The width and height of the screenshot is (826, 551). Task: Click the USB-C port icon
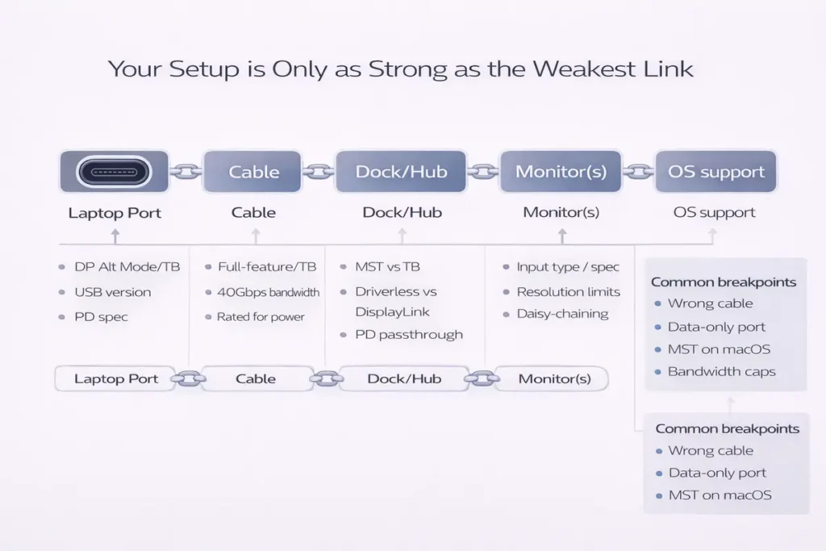click(x=115, y=172)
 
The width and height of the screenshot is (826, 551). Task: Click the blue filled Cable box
click(x=253, y=172)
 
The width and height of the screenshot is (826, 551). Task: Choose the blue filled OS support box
click(x=715, y=172)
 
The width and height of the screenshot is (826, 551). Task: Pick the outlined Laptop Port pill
click(x=115, y=378)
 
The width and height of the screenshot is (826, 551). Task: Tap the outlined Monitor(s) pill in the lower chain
click(x=554, y=378)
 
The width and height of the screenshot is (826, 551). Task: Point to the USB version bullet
click(x=112, y=292)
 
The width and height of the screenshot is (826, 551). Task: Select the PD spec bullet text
click(x=101, y=317)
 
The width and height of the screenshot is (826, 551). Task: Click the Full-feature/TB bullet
click(x=267, y=267)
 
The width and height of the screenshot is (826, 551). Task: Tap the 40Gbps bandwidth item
click(x=268, y=292)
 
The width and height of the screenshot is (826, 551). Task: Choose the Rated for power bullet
click(x=261, y=317)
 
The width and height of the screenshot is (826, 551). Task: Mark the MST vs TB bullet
click(x=388, y=267)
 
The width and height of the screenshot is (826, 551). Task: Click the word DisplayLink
click(x=393, y=311)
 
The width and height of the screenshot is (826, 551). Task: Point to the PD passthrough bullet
click(x=409, y=335)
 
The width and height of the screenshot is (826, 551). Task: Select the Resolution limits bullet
click(x=568, y=292)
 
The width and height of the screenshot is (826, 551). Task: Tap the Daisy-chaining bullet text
click(x=562, y=314)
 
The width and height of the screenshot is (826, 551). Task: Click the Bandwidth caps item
click(x=721, y=372)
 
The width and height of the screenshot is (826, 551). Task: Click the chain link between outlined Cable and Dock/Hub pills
click(x=326, y=378)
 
